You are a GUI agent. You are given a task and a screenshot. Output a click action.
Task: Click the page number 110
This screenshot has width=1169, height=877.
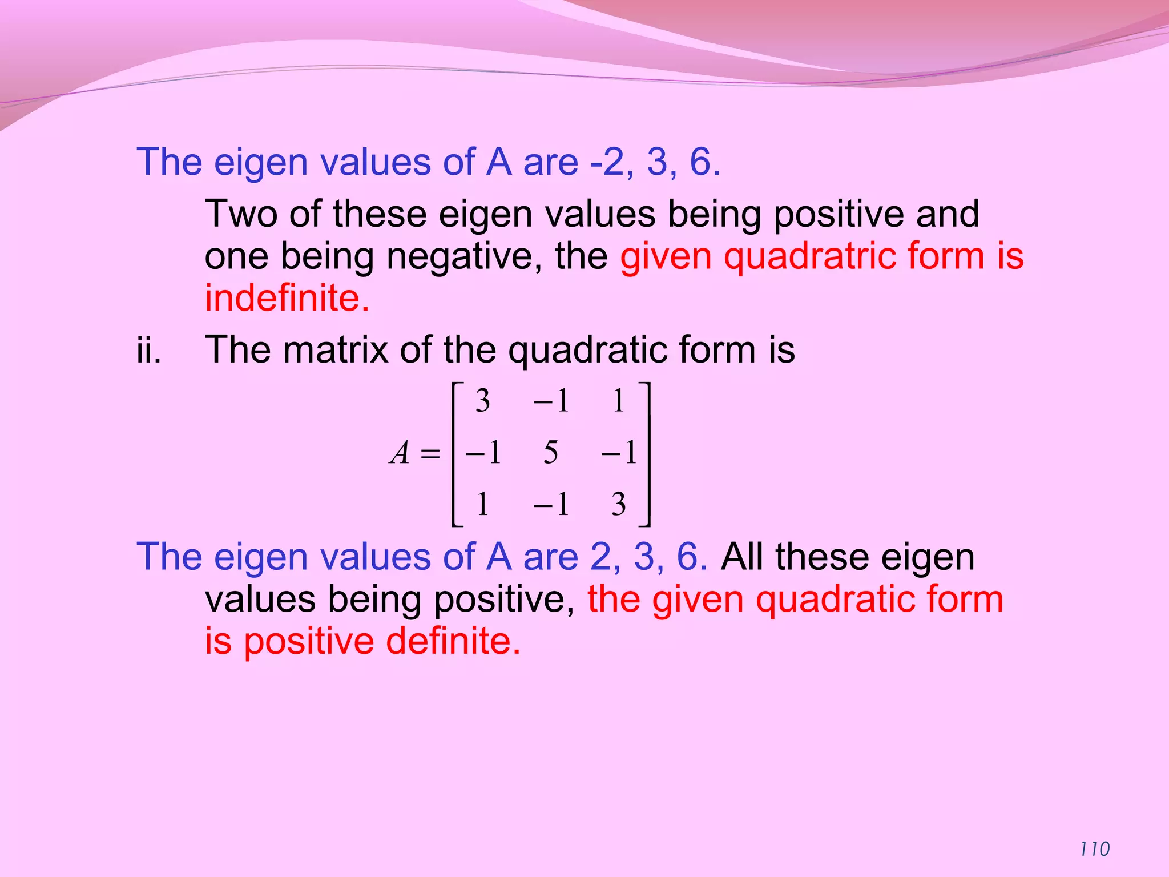point(1095,849)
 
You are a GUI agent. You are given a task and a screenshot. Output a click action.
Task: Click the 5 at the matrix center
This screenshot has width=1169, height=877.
point(551,453)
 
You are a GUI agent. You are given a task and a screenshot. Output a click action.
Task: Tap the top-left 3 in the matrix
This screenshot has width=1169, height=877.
point(483,401)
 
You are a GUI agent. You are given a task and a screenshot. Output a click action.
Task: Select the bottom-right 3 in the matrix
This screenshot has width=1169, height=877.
point(619,504)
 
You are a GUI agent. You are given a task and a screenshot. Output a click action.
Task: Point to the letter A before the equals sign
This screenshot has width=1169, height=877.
point(400,453)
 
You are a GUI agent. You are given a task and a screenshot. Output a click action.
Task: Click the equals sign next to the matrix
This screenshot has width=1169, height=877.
point(430,454)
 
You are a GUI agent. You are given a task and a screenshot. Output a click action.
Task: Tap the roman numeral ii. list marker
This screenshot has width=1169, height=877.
point(148,349)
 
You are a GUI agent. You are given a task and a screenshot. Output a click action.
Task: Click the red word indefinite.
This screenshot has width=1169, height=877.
point(287,298)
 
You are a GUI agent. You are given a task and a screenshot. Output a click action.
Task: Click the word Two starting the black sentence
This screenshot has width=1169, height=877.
point(241,214)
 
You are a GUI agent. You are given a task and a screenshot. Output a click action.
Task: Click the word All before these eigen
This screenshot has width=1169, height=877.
point(743,557)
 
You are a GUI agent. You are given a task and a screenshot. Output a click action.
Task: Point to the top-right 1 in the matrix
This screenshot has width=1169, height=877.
point(619,401)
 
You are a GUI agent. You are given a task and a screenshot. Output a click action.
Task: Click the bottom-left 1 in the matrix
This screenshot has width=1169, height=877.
point(483,504)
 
